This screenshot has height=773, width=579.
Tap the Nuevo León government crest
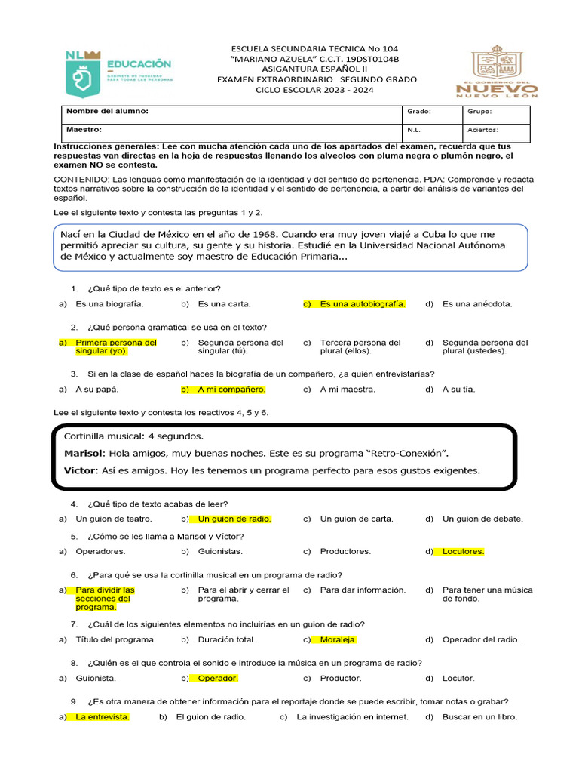[x=497, y=71]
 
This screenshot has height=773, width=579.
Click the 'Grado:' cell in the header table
[x=418, y=112]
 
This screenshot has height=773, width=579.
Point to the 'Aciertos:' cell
[x=482, y=130]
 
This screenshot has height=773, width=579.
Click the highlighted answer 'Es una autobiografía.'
[x=362, y=304]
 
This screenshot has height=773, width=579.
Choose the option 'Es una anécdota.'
[x=477, y=304]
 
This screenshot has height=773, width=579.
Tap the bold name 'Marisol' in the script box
[x=83, y=454]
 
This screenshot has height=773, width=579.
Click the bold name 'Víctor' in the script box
[x=81, y=470]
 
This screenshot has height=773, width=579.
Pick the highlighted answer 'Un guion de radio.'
[x=234, y=519]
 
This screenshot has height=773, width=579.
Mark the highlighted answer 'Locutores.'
[x=463, y=551]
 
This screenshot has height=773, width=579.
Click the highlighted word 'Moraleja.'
[x=338, y=639]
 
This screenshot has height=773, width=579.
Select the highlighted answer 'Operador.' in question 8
[x=217, y=678]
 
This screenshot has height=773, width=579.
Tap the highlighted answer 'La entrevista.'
[x=102, y=716]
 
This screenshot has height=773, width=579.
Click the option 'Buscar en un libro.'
[x=479, y=716]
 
